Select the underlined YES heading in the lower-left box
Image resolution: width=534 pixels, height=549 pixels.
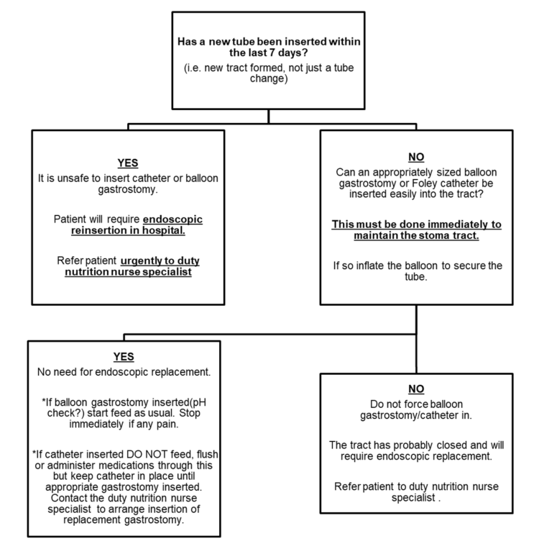click(x=124, y=357)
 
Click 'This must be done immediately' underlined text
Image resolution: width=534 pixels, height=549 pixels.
click(x=417, y=224)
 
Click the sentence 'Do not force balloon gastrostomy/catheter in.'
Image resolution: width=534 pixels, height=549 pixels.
click(x=417, y=411)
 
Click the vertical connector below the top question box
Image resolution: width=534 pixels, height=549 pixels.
click(x=269, y=117)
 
